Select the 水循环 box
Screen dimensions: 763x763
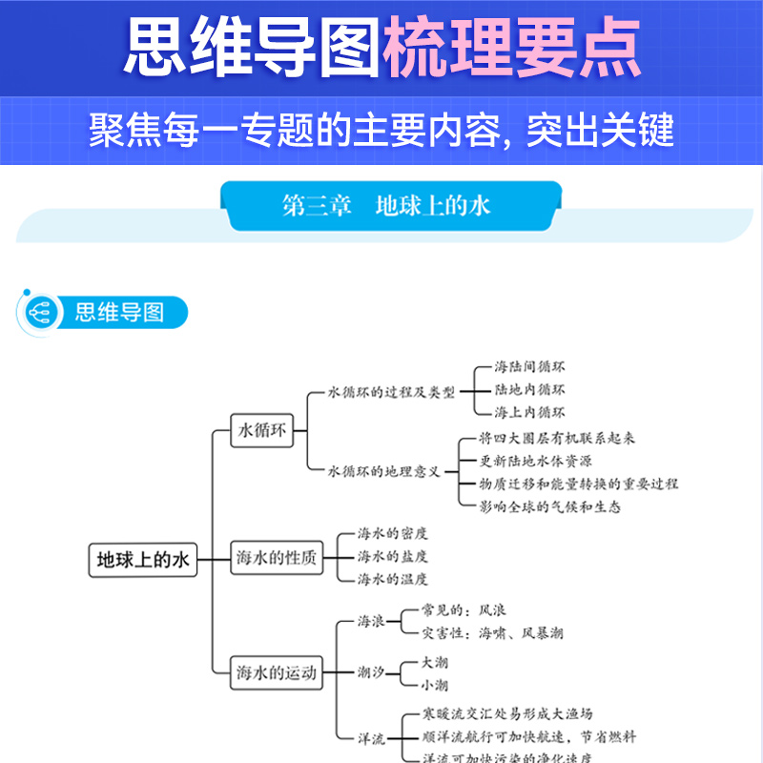coord(261,431)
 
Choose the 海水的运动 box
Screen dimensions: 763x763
coord(276,672)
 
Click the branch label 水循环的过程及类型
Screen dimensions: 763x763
coord(392,391)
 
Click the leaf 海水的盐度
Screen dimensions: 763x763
coord(393,556)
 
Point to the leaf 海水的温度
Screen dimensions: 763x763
coord(393,579)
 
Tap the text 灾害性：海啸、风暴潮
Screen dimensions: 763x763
coord(492,633)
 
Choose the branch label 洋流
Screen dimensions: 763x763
coord(371,737)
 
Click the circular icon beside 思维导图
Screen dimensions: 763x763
coord(39,312)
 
